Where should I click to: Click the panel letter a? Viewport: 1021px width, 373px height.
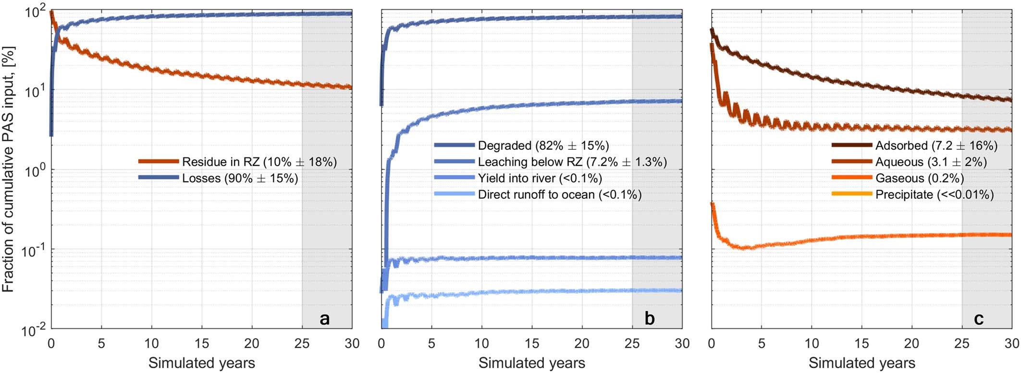325,318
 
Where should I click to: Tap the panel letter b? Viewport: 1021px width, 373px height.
650,318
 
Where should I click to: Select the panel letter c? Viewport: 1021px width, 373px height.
979,318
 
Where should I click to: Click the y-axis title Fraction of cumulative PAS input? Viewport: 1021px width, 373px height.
8,169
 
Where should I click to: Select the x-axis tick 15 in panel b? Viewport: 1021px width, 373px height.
532,344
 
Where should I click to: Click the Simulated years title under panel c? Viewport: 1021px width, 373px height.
861,363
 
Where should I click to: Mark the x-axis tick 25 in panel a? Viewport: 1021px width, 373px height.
302,344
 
